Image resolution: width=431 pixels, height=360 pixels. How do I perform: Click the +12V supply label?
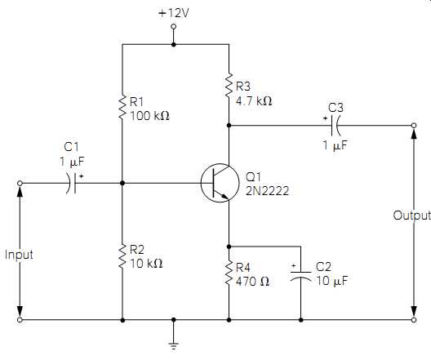click(174, 13)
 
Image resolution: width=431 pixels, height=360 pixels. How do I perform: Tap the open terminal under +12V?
click(173, 27)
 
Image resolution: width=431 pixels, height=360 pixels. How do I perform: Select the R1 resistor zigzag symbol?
click(122, 107)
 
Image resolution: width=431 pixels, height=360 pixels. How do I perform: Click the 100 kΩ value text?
click(150, 116)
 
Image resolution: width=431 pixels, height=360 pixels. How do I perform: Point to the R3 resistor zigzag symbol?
click(229, 85)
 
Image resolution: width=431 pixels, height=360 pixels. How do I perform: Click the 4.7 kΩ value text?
click(254, 101)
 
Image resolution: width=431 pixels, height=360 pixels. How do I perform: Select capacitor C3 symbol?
click(335, 126)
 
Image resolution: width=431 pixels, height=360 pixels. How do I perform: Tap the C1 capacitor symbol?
click(71, 183)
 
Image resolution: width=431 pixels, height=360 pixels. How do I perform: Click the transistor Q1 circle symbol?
click(220, 183)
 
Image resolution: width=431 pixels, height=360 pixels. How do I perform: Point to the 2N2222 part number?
click(267, 191)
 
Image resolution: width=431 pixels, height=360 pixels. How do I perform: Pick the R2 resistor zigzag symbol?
click(122, 256)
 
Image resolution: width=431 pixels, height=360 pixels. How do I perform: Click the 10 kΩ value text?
click(146, 264)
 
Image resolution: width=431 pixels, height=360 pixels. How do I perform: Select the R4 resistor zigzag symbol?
click(229, 273)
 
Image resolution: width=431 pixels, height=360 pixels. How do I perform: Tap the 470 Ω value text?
click(252, 282)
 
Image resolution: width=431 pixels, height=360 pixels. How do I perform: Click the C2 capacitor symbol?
click(300, 276)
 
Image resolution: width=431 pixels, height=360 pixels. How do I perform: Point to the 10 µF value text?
click(332, 281)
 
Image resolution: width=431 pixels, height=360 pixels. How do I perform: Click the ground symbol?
click(173, 345)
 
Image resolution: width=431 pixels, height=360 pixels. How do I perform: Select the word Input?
click(19, 255)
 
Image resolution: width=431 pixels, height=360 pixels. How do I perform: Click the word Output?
click(411, 216)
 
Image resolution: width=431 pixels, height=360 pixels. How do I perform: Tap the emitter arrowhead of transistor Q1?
click(224, 196)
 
